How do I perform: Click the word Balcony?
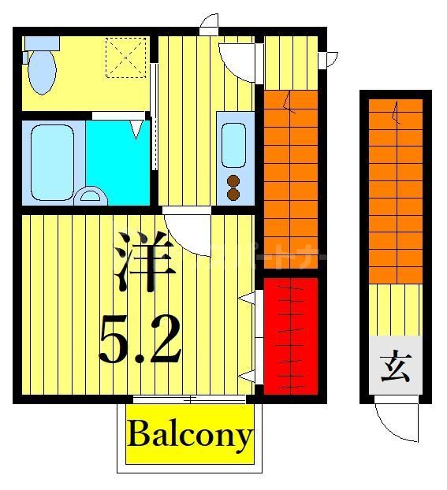click(190, 435)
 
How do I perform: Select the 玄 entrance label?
click(396, 369)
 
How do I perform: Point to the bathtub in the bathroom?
click(53, 162)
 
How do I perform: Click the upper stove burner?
click(234, 180)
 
